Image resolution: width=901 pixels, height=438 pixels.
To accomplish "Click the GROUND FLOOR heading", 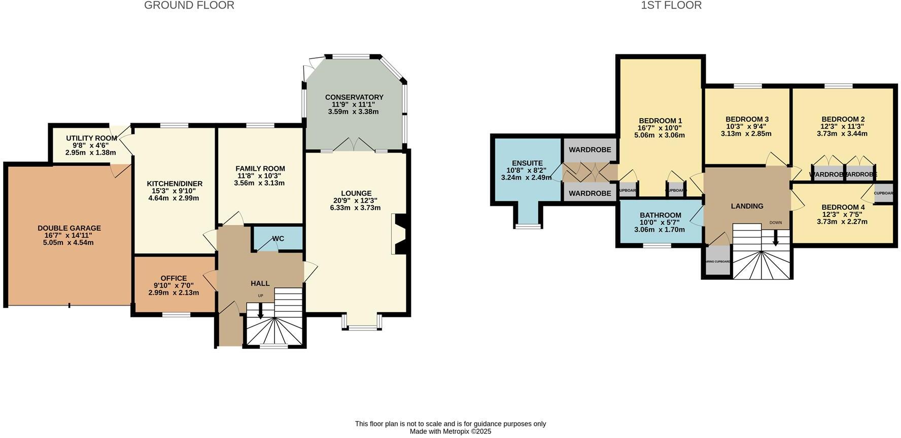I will click(x=189, y=6).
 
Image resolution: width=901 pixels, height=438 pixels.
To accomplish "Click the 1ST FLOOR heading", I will click(x=671, y=6).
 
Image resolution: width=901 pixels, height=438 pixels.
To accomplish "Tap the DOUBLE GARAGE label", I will click(x=69, y=228).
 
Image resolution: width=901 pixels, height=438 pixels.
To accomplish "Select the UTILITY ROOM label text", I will click(x=91, y=138).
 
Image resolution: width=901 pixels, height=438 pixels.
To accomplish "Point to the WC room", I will click(x=278, y=238).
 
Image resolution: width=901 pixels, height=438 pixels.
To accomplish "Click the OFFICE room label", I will click(x=174, y=278).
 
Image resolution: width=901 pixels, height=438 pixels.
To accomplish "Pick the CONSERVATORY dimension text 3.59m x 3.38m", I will click(x=353, y=112).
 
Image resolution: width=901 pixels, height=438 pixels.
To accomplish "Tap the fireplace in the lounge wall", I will click(x=399, y=234).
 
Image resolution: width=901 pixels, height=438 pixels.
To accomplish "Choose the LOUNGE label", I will click(x=356, y=193).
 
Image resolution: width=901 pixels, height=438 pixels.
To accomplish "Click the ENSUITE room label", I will click(x=527, y=163).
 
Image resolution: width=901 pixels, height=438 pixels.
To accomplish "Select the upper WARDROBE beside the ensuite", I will click(x=590, y=150).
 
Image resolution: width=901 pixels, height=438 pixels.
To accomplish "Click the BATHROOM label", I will click(x=660, y=215).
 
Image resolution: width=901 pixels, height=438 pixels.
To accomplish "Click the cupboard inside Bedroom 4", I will click(x=883, y=194).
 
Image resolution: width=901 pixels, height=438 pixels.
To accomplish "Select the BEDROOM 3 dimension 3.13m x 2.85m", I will click(x=746, y=134).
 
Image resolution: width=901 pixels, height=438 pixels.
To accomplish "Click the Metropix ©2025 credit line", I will click(x=450, y=431).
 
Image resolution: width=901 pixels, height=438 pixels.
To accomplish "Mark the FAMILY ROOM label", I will click(x=260, y=168).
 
